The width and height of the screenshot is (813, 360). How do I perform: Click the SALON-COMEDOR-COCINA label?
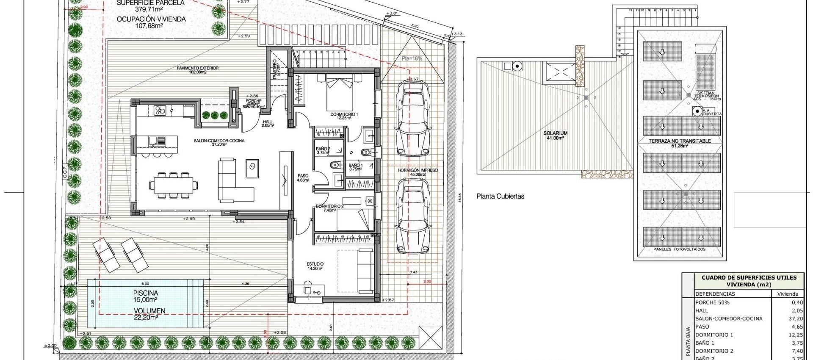(218, 141)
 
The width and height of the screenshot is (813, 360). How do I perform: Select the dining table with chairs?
(173, 185)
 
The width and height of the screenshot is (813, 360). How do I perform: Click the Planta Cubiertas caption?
(500, 196)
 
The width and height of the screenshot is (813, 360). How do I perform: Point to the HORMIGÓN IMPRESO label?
(417, 170)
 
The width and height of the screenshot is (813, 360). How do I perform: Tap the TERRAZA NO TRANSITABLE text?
(679, 141)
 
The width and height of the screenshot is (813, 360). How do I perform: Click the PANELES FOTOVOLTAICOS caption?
(679, 249)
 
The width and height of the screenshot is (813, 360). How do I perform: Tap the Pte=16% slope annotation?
(412, 58)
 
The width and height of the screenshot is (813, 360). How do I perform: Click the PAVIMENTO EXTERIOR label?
(198, 68)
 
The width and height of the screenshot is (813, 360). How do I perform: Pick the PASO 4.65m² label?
(303, 177)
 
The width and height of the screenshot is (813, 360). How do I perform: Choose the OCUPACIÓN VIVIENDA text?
(151, 19)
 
